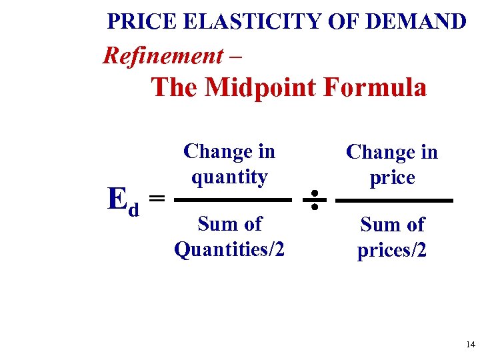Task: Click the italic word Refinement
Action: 163,55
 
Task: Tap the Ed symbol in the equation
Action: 124,199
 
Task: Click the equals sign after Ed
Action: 157,198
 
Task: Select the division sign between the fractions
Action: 314,199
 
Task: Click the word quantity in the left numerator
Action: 229,177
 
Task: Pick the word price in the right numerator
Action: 392,177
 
